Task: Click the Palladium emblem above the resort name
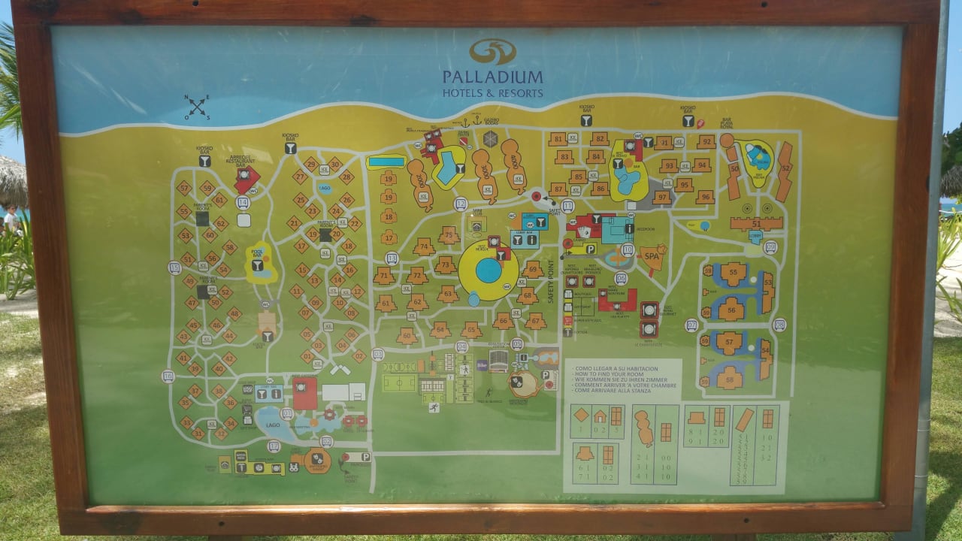click(x=492, y=52)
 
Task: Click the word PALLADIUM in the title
click(x=492, y=77)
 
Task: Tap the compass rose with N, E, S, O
click(x=198, y=107)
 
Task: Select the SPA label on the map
click(x=650, y=256)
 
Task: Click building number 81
click(x=557, y=140)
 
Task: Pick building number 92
click(x=705, y=141)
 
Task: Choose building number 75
click(x=449, y=236)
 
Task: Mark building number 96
click(x=705, y=197)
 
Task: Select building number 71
click(x=384, y=276)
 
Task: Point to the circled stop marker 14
click(x=242, y=203)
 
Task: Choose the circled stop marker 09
click(x=770, y=247)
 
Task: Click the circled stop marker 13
click(x=391, y=258)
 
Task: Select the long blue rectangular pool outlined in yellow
click(x=386, y=162)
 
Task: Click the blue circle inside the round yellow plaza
click(x=489, y=270)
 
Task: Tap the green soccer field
click(x=399, y=382)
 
